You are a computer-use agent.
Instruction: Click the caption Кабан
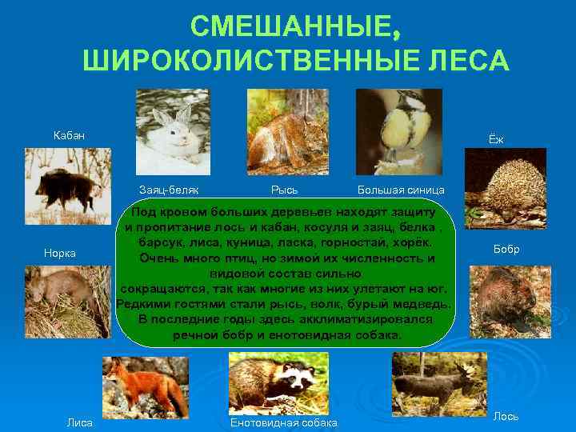click(x=69, y=135)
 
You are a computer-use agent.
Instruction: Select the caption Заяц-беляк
click(x=168, y=190)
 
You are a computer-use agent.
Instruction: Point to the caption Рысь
click(x=284, y=190)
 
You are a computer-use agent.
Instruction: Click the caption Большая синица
click(x=397, y=190)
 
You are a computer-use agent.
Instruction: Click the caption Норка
click(x=59, y=253)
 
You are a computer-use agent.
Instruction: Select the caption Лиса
click(x=80, y=422)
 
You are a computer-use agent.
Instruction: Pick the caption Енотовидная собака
click(x=283, y=422)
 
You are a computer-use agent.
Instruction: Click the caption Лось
click(x=506, y=416)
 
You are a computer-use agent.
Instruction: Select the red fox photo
click(x=145, y=386)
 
